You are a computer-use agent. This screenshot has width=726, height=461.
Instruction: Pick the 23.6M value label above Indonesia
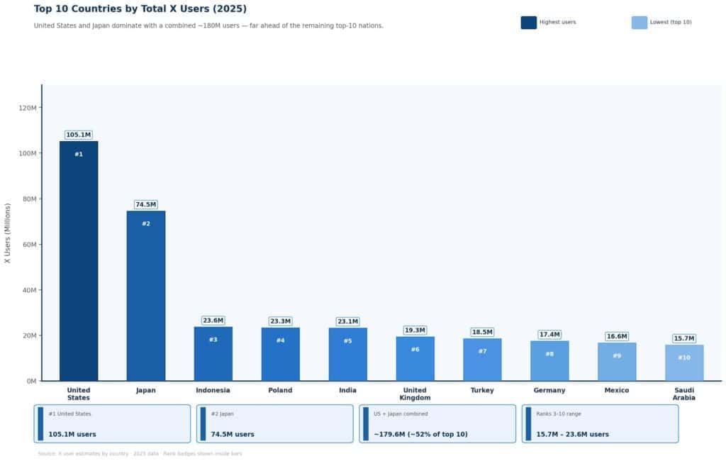pyautogui.click(x=213, y=321)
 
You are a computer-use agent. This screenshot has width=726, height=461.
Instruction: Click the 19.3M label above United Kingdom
pyautogui.click(x=415, y=330)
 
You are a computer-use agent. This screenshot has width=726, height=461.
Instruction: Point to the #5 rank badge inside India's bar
pyautogui.click(x=347, y=341)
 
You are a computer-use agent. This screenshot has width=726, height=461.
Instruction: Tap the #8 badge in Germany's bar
pyautogui.click(x=549, y=354)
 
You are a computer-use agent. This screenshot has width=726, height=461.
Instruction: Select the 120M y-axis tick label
pyautogui.click(x=28, y=108)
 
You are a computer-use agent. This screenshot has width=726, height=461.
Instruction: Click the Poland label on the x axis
pyautogui.click(x=280, y=390)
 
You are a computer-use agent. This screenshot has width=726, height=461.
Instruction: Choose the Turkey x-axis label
pyautogui.click(x=482, y=390)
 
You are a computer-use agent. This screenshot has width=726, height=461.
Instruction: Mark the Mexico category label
pyautogui.click(x=616, y=390)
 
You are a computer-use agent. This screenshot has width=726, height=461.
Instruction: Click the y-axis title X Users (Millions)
pyautogui.click(x=8, y=233)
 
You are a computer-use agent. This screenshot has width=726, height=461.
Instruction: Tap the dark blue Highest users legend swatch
pyautogui.click(x=528, y=23)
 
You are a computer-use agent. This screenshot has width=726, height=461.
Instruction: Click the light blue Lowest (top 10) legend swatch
pyautogui.click(x=639, y=23)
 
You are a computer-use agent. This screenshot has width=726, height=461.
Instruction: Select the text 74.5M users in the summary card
pyautogui.click(x=233, y=434)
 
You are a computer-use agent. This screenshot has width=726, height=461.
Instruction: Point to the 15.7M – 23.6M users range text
pyautogui.click(x=572, y=434)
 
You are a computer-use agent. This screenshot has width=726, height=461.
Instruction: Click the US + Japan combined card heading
pyautogui.click(x=401, y=413)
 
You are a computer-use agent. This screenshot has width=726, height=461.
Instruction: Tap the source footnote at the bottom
pyautogui.click(x=140, y=454)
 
